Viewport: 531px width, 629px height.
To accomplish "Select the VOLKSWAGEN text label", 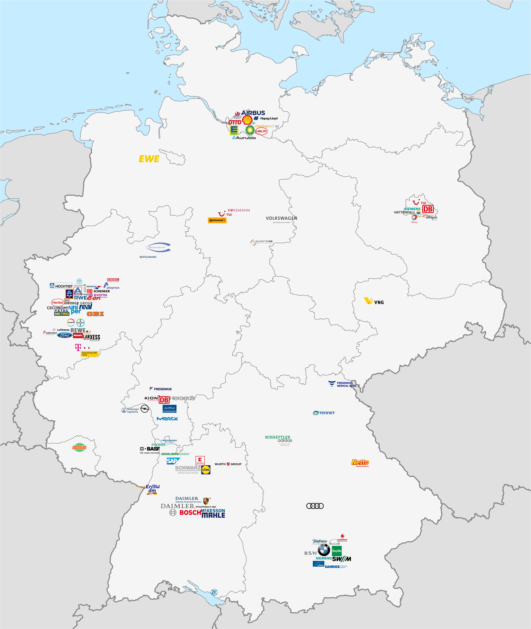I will [x=281, y=218].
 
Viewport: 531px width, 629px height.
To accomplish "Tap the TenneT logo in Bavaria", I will [x=324, y=413].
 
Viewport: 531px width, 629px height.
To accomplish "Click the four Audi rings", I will [x=315, y=506].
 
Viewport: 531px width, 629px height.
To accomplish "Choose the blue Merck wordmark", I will [x=167, y=419].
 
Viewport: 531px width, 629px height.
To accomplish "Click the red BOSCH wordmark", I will [x=190, y=512].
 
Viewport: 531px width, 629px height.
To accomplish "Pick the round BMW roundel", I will [x=324, y=550].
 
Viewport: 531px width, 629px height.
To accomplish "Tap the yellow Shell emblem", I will [x=247, y=120].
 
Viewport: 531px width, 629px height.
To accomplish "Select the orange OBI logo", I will [x=95, y=314].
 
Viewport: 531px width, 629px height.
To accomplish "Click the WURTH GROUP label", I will [x=228, y=464].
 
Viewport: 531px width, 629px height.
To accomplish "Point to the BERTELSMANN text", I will [x=148, y=257].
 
